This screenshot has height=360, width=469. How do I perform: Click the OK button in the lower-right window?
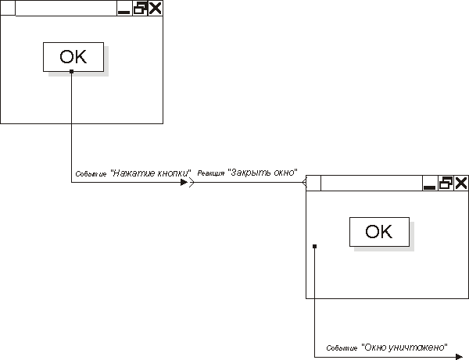[378, 232]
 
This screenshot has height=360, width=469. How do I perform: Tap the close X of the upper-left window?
[156, 9]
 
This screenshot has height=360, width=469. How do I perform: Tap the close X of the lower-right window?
[461, 184]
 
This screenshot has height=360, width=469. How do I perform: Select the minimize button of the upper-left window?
[124, 9]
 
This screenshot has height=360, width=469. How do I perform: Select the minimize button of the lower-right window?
[430, 184]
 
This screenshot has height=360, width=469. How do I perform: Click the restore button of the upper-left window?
[140, 9]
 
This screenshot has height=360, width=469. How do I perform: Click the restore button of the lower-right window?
[446, 184]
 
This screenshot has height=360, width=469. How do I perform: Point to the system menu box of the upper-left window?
[7, 9]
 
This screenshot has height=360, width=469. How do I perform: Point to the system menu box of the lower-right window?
[313, 184]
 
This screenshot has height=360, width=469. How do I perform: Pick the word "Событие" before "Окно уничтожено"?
[342, 348]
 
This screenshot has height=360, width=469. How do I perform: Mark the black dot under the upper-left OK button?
[71, 72]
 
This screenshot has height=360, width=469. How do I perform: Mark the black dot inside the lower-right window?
[313, 247]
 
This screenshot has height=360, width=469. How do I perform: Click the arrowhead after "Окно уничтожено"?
[457, 355]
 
